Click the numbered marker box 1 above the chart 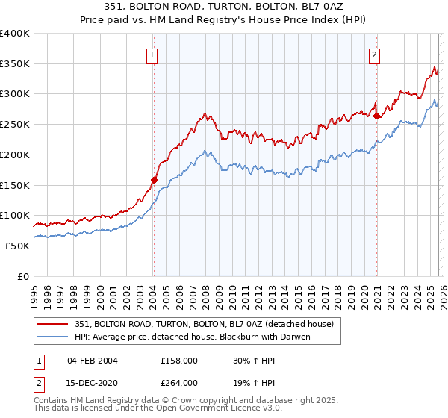click(x=152, y=53)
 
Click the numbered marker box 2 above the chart click(x=374, y=53)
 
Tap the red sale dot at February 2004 click(x=154, y=180)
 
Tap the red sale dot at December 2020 click(x=377, y=116)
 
